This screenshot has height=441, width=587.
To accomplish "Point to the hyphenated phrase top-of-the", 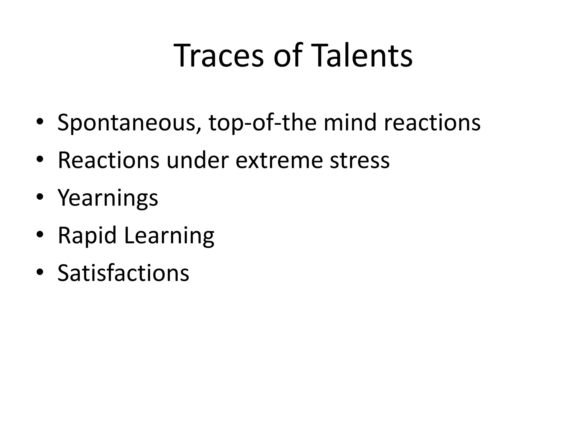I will point(263,123).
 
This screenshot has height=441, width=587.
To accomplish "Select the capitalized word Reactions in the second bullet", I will point(108,160).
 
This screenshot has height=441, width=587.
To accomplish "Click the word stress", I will point(360,160).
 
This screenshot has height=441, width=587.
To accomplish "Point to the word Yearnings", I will point(108,198).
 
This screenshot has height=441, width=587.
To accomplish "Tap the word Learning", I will point(169,236).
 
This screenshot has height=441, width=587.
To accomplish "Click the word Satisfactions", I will point(123,273).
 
